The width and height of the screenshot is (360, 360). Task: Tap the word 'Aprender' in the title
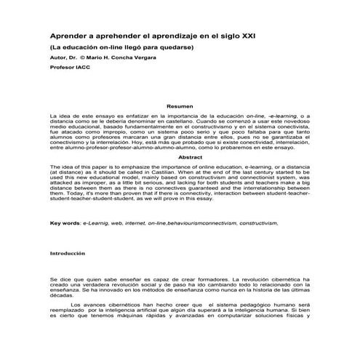point(68,34)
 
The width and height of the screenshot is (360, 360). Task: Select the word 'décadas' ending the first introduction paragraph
point(62,296)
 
